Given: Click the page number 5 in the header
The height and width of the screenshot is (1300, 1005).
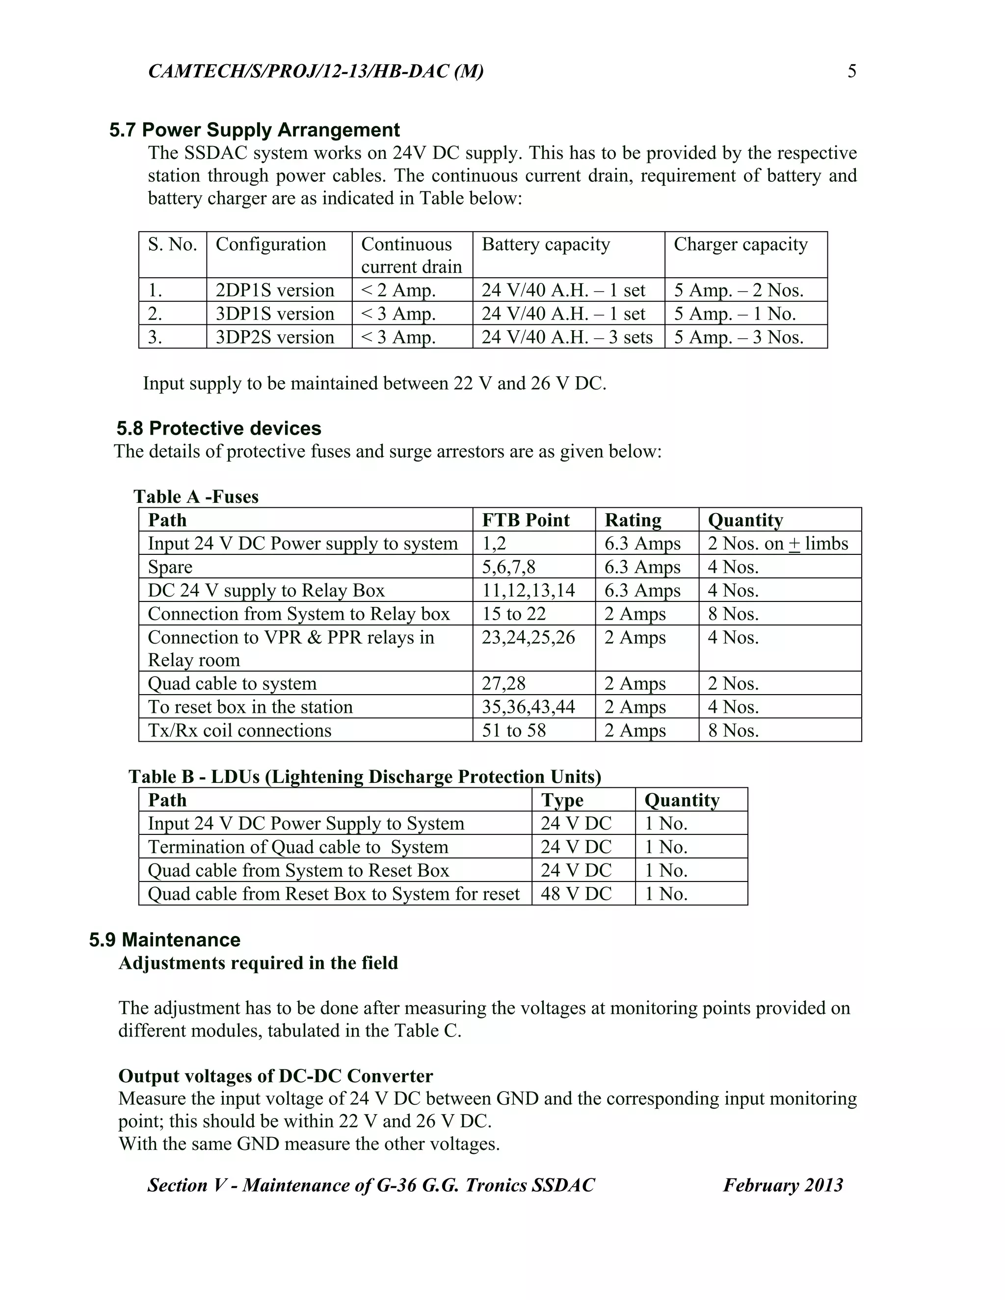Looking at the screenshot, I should click(x=851, y=72).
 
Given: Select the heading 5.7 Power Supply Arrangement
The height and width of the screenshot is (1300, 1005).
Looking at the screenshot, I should click(x=254, y=130).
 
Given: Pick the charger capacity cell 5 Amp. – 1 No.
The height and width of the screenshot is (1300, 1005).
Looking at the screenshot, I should click(x=734, y=313).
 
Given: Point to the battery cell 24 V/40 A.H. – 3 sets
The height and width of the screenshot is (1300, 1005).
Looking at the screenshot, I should click(x=567, y=337).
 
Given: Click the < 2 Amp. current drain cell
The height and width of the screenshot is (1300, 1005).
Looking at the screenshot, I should click(x=398, y=290).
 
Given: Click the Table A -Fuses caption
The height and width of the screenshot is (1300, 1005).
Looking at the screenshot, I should click(x=196, y=496).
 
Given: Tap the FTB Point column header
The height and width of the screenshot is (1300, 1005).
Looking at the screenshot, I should click(x=525, y=520).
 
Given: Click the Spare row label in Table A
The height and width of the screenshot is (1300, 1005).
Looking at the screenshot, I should click(x=170, y=567).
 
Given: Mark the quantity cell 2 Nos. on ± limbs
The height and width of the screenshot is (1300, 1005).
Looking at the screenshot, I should click(x=778, y=544).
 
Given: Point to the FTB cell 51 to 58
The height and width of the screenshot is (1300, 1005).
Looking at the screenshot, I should click(x=513, y=730).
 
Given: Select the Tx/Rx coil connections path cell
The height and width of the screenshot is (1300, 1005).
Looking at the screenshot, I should click(x=239, y=730).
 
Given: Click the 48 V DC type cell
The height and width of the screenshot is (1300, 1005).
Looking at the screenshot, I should click(x=576, y=893).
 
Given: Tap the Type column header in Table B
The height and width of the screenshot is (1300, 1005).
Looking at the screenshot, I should click(x=562, y=800).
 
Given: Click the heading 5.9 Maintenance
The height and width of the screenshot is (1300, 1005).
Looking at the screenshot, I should click(x=165, y=939).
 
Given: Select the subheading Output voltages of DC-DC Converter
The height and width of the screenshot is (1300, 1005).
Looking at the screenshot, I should click(x=276, y=1076).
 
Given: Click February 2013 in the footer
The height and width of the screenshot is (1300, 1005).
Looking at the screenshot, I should click(x=782, y=1185).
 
